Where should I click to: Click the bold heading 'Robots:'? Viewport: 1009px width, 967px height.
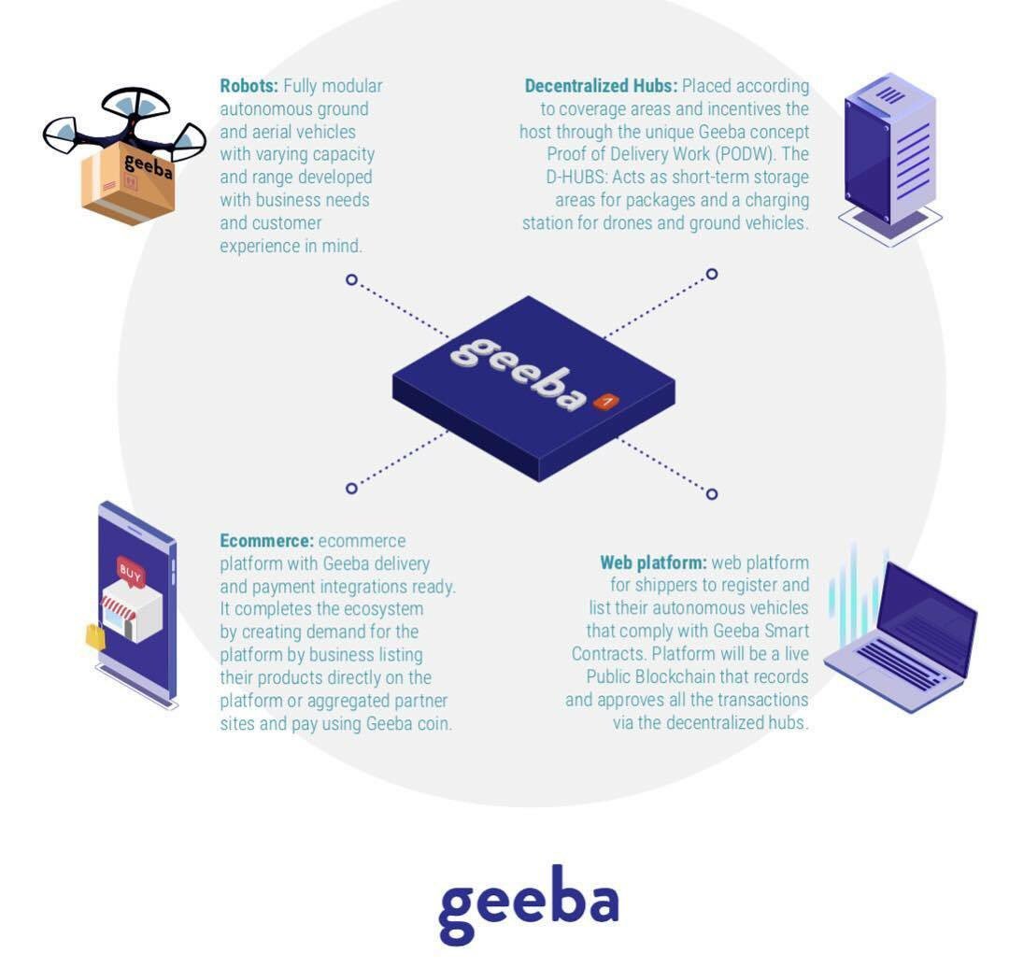pyautogui.click(x=249, y=86)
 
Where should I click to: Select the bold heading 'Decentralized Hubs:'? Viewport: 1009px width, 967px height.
pyautogui.click(x=601, y=86)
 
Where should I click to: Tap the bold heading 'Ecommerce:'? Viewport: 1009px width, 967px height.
pyautogui.click(x=266, y=541)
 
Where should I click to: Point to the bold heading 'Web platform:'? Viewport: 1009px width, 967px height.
pyautogui.click(x=653, y=563)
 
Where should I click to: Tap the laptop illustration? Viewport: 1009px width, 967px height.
pyautogui.click(x=902, y=635)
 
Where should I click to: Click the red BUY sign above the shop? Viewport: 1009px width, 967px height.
pyautogui.click(x=131, y=572)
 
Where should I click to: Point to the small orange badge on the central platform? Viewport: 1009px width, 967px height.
pyautogui.click(x=605, y=402)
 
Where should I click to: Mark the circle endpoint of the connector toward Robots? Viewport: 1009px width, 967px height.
pyautogui.click(x=351, y=279)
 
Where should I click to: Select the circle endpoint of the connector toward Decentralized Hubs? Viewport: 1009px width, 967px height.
pyautogui.click(x=712, y=274)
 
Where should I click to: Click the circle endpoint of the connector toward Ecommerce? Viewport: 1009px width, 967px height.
pyautogui.click(x=351, y=488)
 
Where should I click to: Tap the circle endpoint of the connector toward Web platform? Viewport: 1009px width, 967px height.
pyautogui.click(x=712, y=493)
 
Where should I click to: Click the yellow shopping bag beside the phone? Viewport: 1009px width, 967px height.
pyautogui.click(x=95, y=636)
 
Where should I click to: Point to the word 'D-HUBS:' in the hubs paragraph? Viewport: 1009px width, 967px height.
pyautogui.click(x=577, y=178)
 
